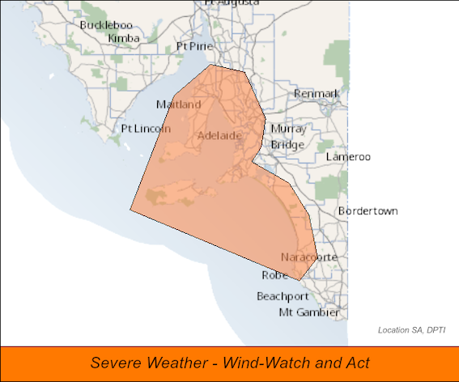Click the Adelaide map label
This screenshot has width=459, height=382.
point(219,135)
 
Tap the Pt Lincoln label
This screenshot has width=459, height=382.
point(145,129)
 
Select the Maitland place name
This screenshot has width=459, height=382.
point(178,105)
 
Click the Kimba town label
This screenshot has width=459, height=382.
point(123,38)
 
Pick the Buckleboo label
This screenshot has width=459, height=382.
point(105,25)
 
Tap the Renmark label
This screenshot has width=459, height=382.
point(317,94)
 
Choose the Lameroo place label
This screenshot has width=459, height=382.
point(347,156)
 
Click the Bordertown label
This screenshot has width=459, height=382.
point(368,211)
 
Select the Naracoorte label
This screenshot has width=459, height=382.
point(308,257)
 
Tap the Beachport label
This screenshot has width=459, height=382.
point(283,296)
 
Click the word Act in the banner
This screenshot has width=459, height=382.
point(356,363)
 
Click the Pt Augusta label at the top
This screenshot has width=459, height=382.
point(232,3)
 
